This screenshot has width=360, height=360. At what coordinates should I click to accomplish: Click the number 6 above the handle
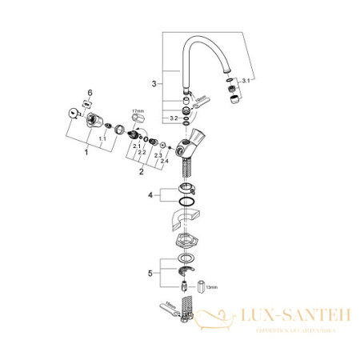click(x=90, y=93)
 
